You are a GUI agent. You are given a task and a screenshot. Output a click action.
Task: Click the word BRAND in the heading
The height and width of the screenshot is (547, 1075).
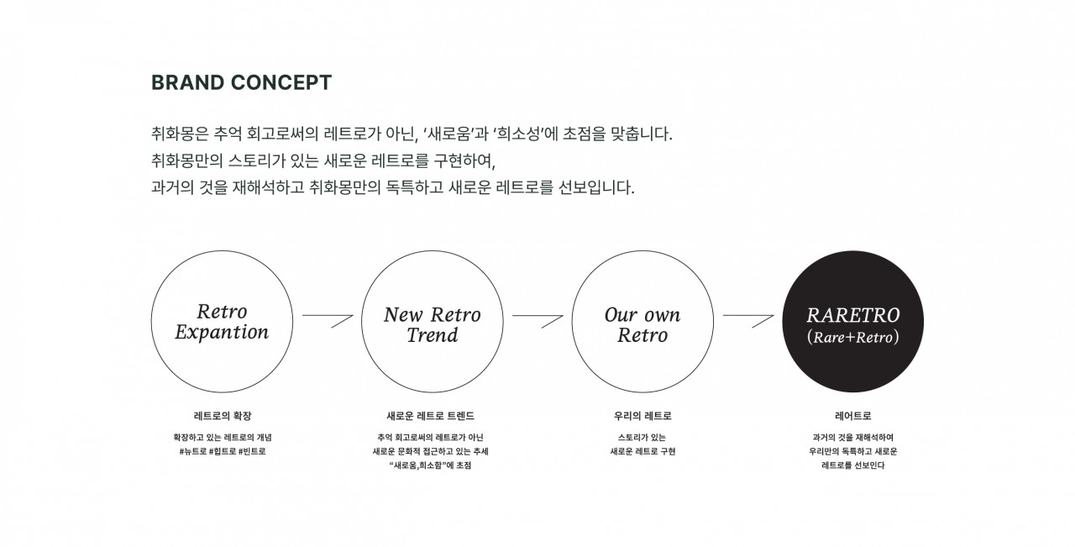click(187, 82)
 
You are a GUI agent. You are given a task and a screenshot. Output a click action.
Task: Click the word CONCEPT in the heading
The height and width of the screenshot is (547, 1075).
click(281, 82)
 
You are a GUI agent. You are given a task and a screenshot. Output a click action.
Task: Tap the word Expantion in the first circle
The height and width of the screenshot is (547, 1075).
click(222, 333)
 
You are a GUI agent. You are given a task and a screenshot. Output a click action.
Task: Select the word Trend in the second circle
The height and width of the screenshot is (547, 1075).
click(432, 335)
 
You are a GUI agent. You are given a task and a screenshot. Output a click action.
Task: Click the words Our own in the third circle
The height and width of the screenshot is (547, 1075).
click(642, 315)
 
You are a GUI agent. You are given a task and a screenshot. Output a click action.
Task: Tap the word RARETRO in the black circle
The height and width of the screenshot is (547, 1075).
click(852, 316)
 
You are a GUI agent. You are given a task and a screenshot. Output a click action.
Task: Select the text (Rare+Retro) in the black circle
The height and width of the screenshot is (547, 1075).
click(852, 337)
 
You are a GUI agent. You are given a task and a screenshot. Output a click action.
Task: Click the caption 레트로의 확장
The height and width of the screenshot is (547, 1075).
click(223, 416)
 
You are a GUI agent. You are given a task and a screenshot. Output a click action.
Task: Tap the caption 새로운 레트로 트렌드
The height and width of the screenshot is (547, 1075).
click(431, 416)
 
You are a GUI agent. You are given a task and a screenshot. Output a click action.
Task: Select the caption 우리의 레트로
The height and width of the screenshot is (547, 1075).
click(642, 416)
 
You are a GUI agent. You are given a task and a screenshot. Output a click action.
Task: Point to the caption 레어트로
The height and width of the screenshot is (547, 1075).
click(852, 416)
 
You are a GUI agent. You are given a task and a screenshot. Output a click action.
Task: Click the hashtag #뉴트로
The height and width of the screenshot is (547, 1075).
click(193, 451)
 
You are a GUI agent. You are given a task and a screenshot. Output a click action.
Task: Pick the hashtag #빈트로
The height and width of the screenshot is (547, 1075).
click(252, 451)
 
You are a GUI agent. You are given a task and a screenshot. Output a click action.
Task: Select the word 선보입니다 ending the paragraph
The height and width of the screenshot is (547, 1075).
click(596, 187)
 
